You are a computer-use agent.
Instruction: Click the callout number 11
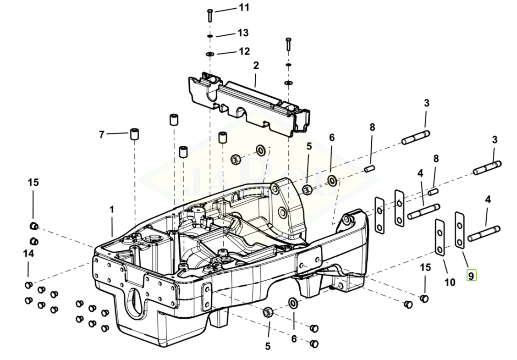pyautogui.click(x=244, y=7)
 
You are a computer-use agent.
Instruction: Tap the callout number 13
pyautogui.click(x=243, y=33)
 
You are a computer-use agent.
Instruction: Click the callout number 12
pyautogui.click(x=244, y=51)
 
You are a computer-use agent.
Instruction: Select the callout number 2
pyautogui.click(x=256, y=65)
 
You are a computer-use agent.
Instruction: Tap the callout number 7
pyautogui.click(x=102, y=135)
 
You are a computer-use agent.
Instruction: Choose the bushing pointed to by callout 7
pyautogui.click(x=134, y=134)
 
